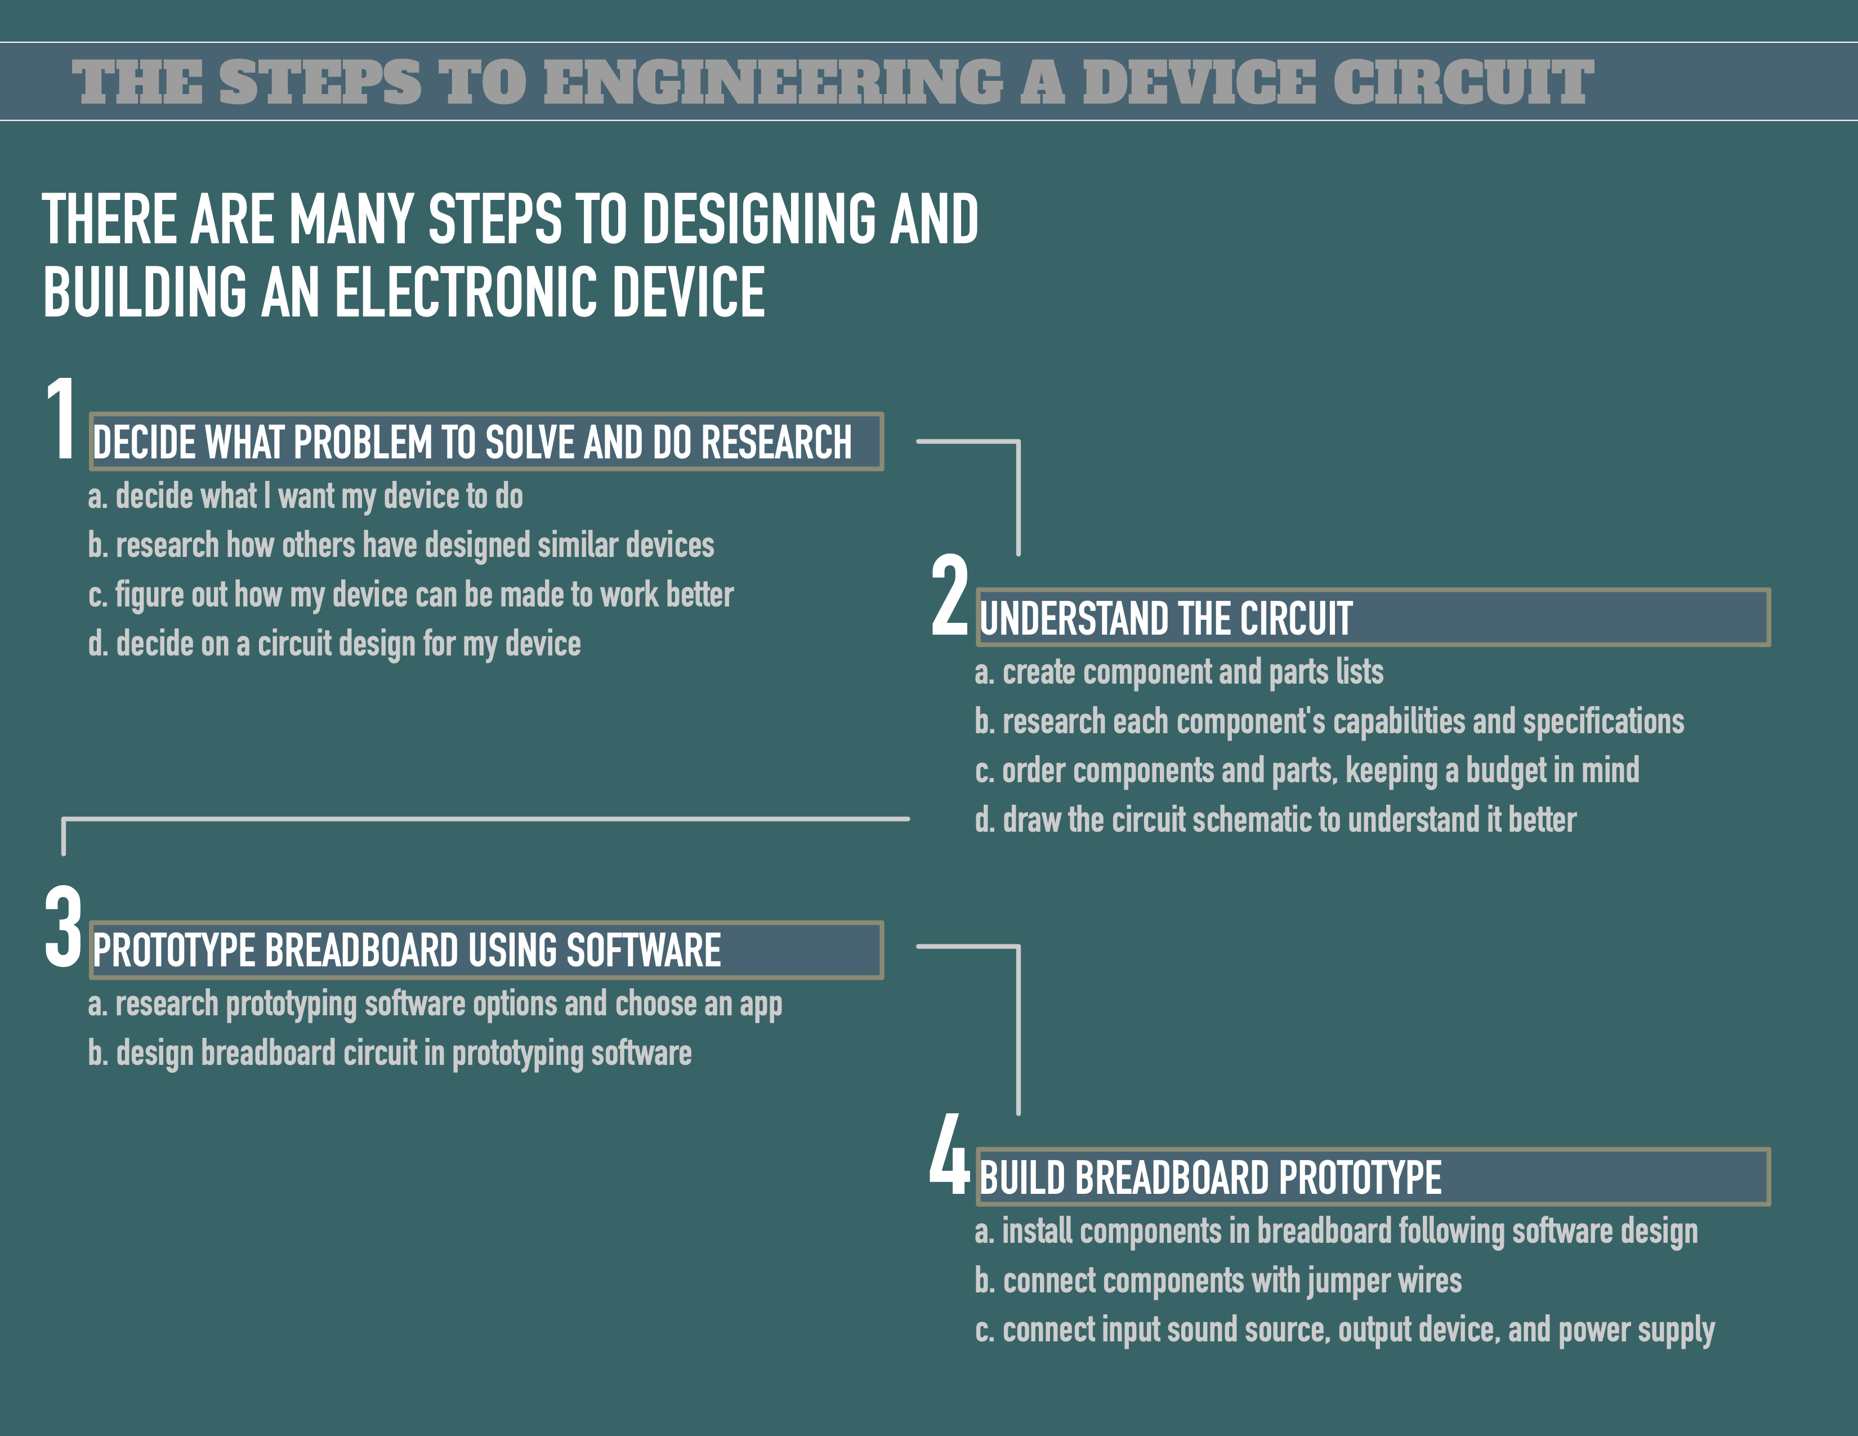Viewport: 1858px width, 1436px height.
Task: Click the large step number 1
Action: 61,420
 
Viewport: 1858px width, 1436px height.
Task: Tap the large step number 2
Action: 949,595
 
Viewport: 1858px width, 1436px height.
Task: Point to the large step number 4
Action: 949,1154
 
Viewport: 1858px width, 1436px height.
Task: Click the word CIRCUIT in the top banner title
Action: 1462,83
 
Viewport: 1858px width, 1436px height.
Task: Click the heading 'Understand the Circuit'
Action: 1165,618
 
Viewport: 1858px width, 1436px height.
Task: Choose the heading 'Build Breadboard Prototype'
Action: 1210,1178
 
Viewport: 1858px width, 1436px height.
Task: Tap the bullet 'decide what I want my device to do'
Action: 305,497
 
